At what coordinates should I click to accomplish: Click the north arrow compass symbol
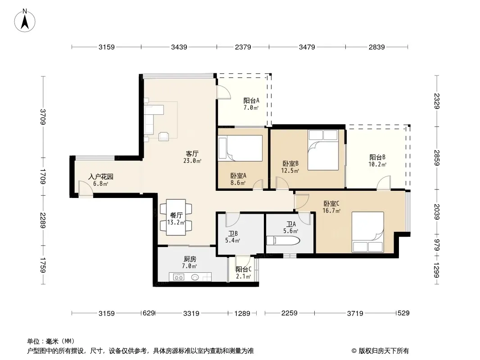pyautogui.click(x=25, y=21)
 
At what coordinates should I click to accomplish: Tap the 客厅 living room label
pyautogui.click(x=192, y=153)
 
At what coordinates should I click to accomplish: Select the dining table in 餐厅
pyautogui.click(x=176, y=217)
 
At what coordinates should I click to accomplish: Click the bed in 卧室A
pyautogui.click(x=240, y=148)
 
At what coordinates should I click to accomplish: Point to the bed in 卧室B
pyautogui.click(x=323, y=150)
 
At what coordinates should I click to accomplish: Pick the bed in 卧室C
pyautogui.click(x=367, y=232)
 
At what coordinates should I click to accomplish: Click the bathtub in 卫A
pyautogui.click(x=283, y=240)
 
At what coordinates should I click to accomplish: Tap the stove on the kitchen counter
pyautogui.click(x=179, y=277)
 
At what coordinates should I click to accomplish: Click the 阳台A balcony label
pyautogui.click(x=251, y=100)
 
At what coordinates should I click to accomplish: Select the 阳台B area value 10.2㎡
pyautogui.click(x=377, y=164)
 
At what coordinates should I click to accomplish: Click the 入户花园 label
pyautogui.click(x=101, y=176)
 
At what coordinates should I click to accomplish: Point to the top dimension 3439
pyautogui.click(x=179, y=47)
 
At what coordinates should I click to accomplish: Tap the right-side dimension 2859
pyautogui.click(x=436, y=158)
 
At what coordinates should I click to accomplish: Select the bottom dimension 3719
pyautogui.click(x=355, y=313)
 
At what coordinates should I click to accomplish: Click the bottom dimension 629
pyautogui.click(x=149, y=313)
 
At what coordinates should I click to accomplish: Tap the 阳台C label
pyautogui.click(x=243, y=269)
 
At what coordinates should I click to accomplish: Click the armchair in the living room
pyautogui.click(x=164, y=136)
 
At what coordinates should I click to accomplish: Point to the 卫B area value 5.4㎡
pyautogui.click(x=233, y=240)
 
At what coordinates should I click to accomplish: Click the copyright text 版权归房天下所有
pyautogui.click(x=384, y=351)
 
